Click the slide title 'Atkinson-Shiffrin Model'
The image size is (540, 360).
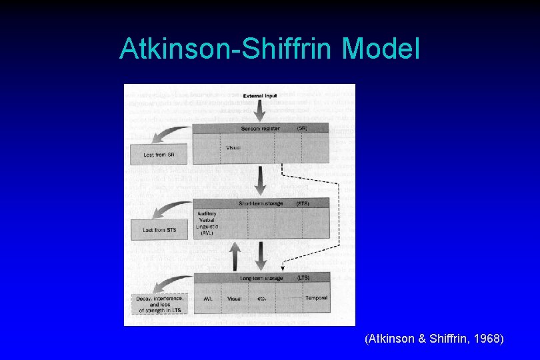(x=269, y=49)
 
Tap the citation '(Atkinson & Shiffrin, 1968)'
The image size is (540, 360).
(x=434, y=339)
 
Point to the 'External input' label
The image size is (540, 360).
(x=260, y=96)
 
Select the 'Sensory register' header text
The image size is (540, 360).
(x=260, y=128)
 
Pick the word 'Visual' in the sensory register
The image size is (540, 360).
(x=233, y=147)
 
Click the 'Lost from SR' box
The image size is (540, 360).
(x=159, y=155)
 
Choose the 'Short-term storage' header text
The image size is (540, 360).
(x=261, y=203)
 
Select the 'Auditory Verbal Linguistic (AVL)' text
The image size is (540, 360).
(x=207, y=225)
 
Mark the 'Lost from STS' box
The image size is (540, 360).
(x=159, y=230)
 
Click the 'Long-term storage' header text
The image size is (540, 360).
(x=261, y=278)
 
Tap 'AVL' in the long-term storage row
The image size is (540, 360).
(x=208, y=299)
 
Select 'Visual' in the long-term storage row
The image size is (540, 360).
(x=234, y=299)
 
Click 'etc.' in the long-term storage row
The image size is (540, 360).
(x=261, y=299)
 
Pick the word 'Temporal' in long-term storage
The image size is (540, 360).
(x=316, y=298)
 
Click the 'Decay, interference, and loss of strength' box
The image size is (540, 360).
(x=159, y=305)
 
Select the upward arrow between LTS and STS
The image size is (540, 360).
(x=235, y=255)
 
